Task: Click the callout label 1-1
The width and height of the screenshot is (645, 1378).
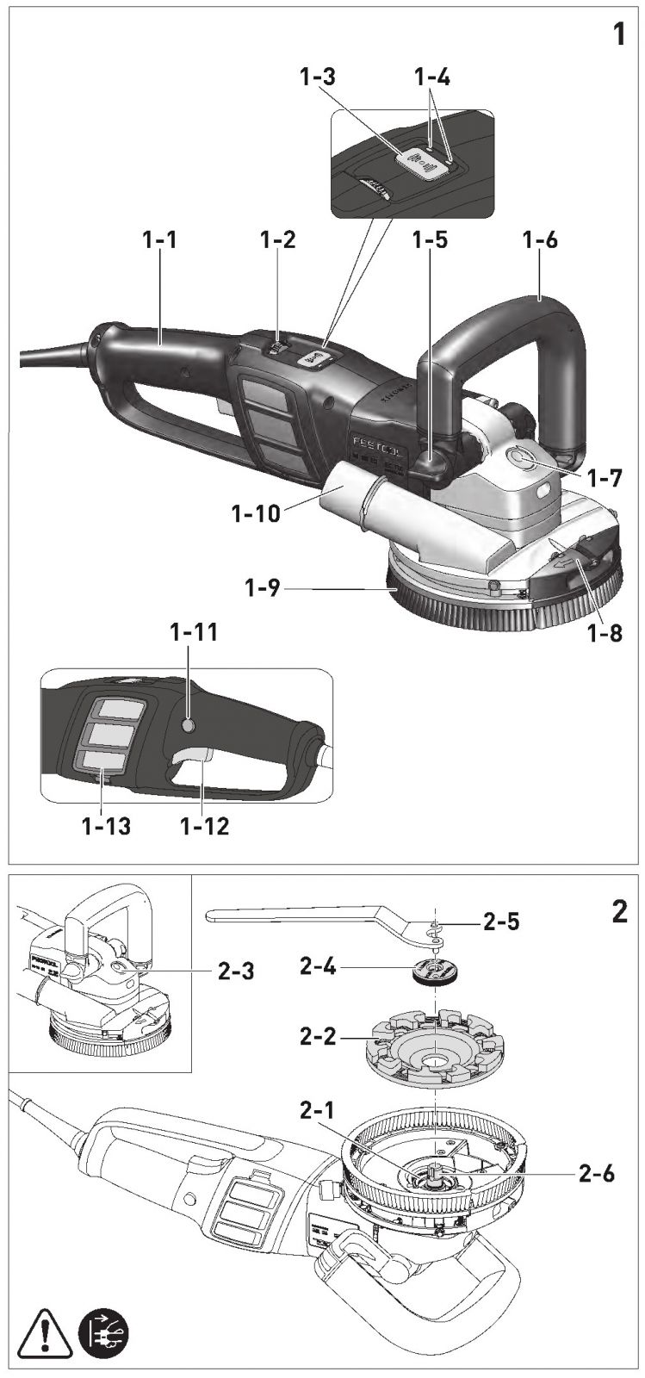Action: pos(159,239)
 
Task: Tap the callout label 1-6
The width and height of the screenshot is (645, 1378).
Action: pos(540,239)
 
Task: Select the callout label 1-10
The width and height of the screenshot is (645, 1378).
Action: pos(256,512)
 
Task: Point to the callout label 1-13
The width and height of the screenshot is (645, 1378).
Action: pos(107,826)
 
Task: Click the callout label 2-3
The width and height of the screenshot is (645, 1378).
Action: pos(236,972)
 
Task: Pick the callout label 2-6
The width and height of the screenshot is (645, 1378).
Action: pos(597,1174)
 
